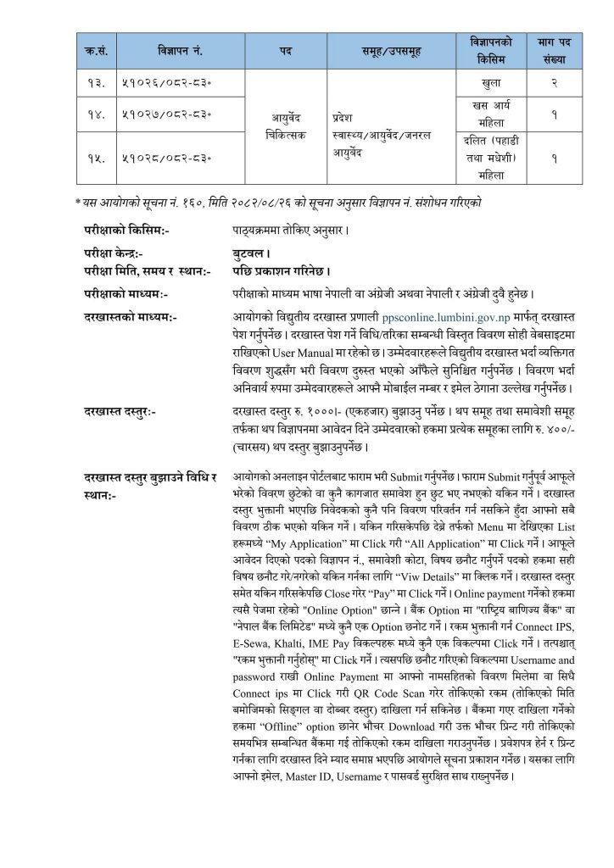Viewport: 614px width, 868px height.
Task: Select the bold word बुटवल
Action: (249, 253)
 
